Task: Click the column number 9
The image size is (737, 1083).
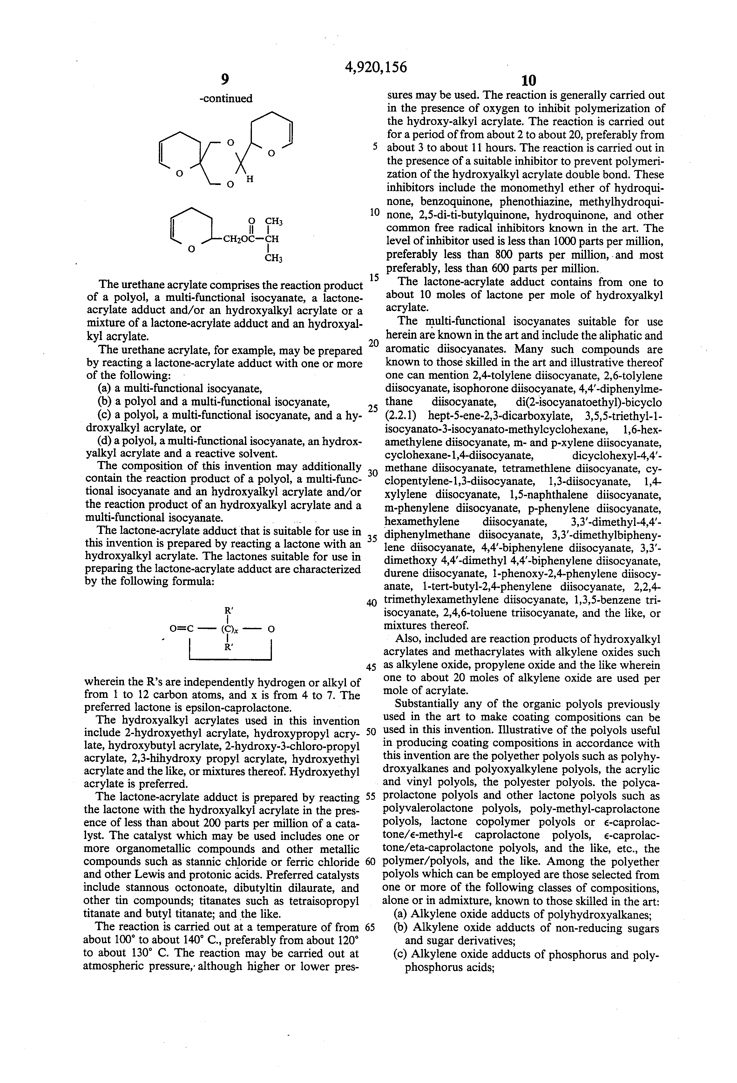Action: click(x=225, y=80)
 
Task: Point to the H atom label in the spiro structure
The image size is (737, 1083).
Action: click(x=250, y=179)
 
